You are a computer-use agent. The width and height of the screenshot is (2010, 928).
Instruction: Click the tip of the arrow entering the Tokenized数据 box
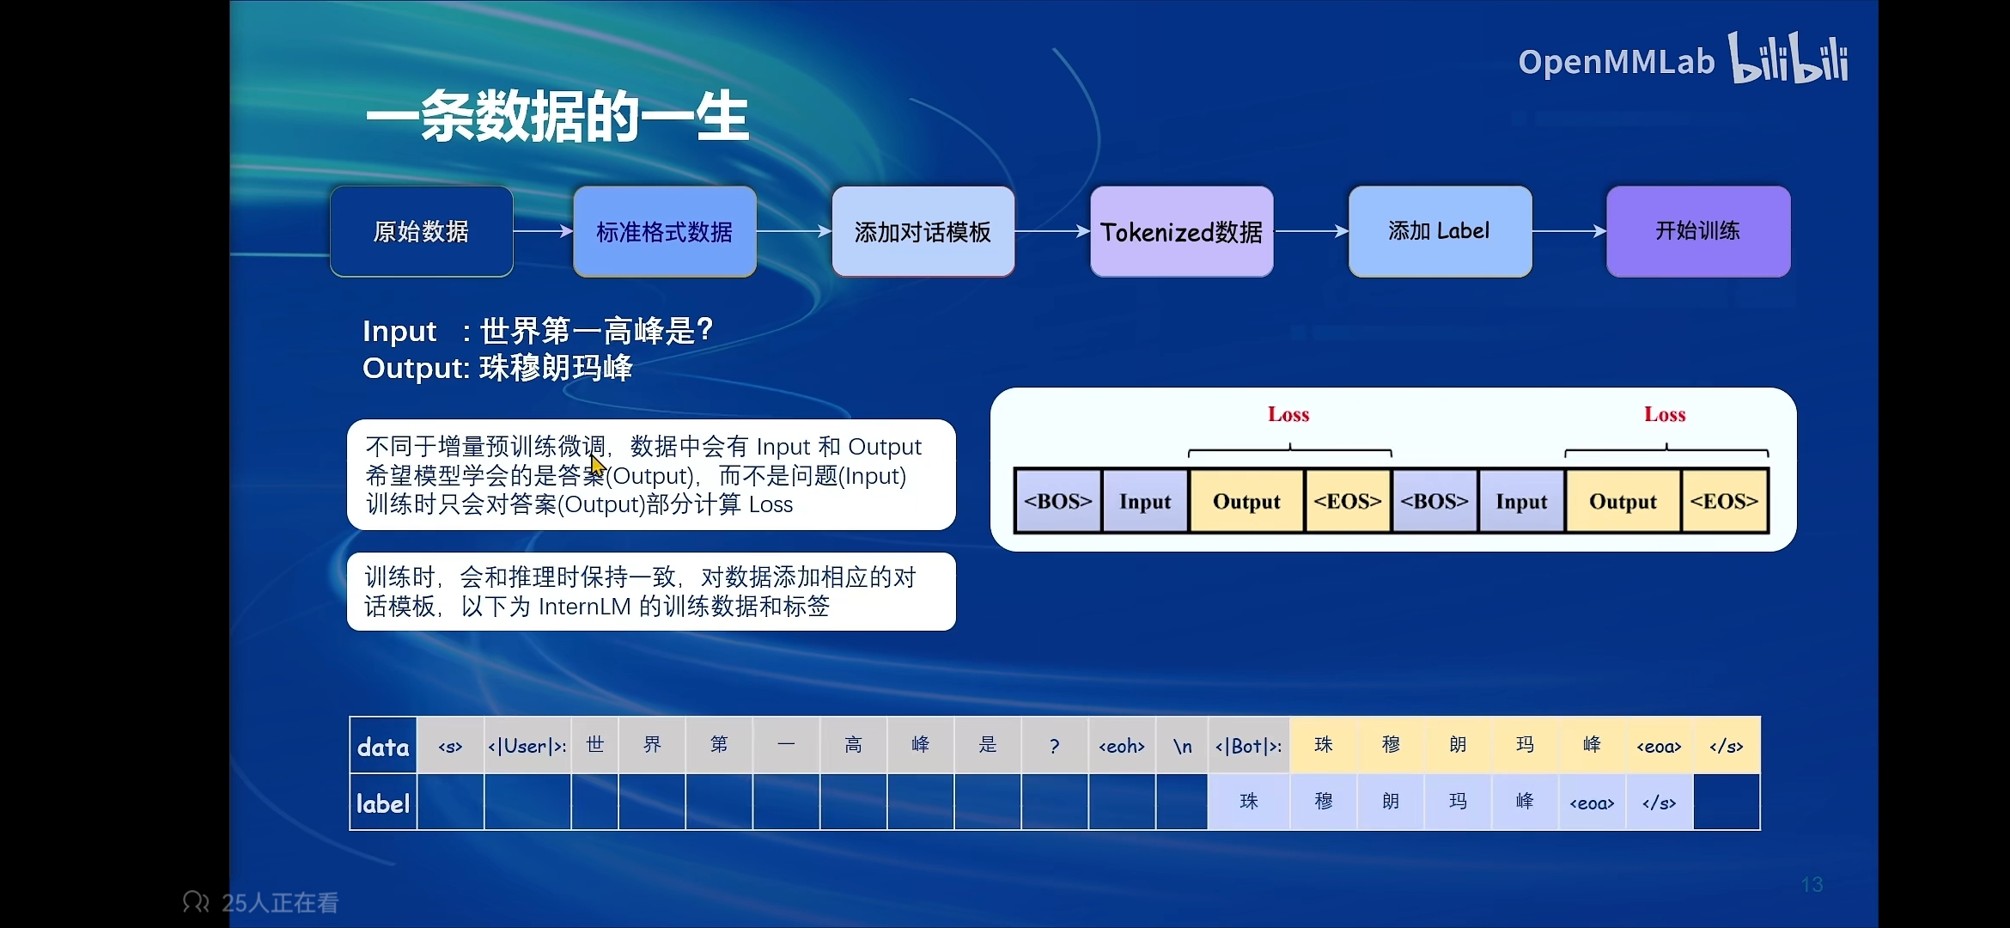1090,231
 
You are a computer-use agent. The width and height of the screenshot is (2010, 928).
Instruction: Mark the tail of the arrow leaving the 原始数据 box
514,231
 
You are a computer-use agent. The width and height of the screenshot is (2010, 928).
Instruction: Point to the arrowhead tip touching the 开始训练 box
1606,231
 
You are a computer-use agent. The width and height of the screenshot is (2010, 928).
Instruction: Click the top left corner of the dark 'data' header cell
350,717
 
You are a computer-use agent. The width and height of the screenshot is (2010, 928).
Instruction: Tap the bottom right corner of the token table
1760,829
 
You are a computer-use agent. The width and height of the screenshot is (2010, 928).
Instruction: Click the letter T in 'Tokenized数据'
1108,232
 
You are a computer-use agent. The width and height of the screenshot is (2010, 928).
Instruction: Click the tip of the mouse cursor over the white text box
592,455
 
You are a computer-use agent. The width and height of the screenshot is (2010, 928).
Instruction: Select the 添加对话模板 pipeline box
923,231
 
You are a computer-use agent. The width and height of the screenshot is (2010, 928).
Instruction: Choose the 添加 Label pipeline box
1440,231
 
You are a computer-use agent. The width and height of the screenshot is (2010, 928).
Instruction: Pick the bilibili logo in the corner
1788,58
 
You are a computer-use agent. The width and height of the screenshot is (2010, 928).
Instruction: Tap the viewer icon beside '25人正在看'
196,902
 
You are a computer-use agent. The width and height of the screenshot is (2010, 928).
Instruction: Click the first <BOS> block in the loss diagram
1058,501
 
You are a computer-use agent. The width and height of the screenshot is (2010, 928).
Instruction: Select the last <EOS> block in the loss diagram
1724,501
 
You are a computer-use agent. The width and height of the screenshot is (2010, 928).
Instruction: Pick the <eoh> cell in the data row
1122,746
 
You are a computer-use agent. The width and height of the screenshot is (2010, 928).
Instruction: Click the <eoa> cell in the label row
1592,803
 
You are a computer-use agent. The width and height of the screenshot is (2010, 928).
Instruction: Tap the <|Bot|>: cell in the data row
1248,746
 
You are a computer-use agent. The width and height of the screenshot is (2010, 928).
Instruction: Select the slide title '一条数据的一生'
557,117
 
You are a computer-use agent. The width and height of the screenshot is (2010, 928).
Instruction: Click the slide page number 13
1812,884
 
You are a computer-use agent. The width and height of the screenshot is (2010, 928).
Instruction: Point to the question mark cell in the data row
1055,746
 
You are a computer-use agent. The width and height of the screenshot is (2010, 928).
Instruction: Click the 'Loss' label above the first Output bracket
1288,415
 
